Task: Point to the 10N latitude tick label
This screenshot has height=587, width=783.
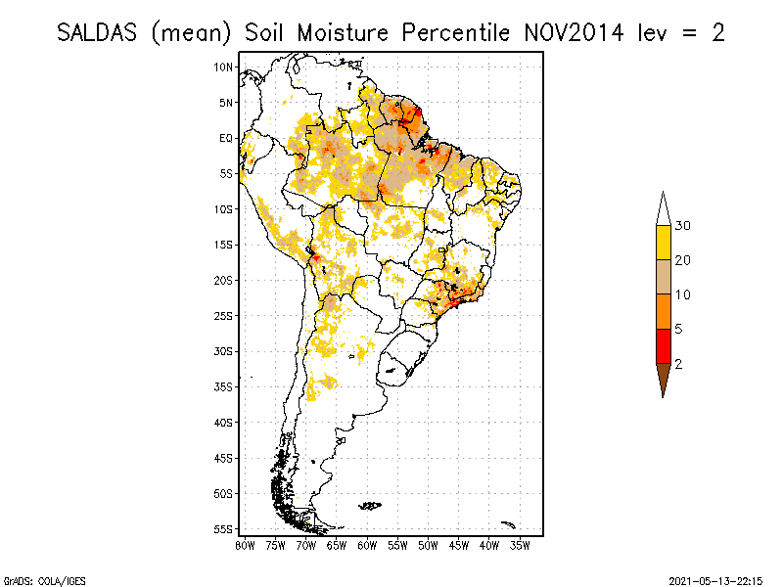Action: click(224, 67)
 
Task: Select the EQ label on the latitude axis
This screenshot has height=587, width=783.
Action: click(226, 138)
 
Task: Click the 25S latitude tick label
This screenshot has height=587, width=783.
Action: click(224, 315)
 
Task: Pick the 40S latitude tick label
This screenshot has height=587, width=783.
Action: click(224, 422)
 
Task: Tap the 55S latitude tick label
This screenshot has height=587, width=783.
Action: click(224, 529)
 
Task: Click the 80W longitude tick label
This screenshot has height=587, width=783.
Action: click(244, 545)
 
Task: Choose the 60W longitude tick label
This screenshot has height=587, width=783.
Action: click(367, 545)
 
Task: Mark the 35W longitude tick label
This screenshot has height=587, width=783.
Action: click(521, 545)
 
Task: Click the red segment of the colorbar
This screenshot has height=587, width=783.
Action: click(663, 345)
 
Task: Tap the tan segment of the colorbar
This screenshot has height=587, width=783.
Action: click(663, 277)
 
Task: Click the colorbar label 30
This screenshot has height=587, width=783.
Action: click(684, 226)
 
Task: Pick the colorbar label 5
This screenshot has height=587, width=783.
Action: click(679, 329)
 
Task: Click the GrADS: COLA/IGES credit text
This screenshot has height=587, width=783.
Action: click(32, 579)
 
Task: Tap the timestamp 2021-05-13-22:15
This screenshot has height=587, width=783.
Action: click(715, 579)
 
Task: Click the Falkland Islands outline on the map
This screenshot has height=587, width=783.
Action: click(370, 505)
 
